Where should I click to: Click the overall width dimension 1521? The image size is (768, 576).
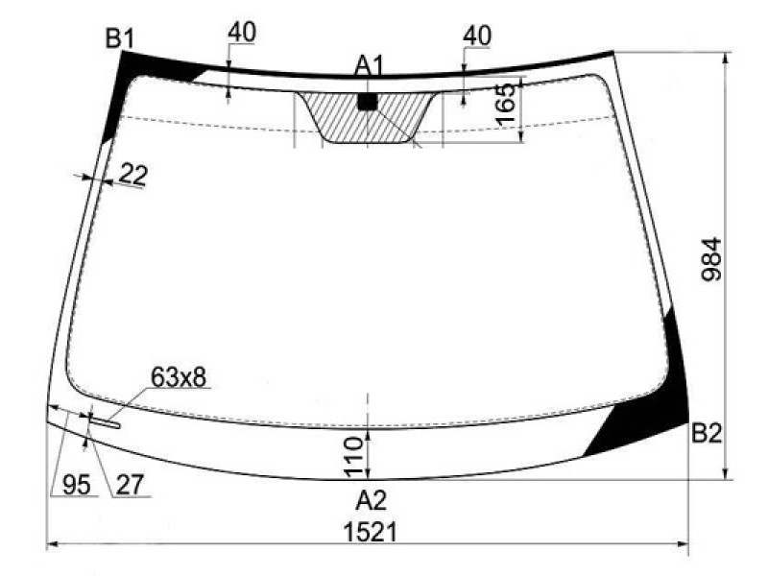(x=370, y=532)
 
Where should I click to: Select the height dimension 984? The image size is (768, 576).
(x=711, y=259)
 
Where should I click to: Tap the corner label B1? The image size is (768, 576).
(x=119, y=38)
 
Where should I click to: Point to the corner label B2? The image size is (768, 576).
(x=707, y=434)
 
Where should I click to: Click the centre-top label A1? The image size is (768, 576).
(x=371, y=66)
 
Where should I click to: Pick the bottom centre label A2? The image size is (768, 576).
(x=372, y=500)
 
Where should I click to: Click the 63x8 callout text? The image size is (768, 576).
(x=179, y=377)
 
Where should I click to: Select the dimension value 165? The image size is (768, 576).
(x=506, y=104)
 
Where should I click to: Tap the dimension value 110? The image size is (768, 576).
(x=353, y=458)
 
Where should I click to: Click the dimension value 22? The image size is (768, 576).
(x=133, y=174)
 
